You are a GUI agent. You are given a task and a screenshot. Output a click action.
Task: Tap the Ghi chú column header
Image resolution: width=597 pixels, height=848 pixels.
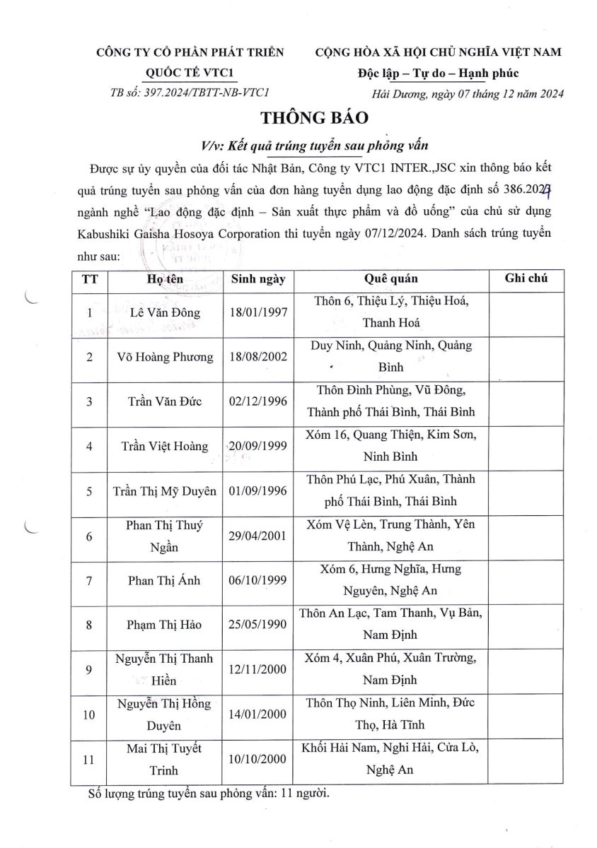tap(526, 278)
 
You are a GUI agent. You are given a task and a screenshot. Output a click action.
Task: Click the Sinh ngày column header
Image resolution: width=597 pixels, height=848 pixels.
tap(258, 278)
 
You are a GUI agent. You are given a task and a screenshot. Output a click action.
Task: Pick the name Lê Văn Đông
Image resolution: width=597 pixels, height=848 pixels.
tap(166, 312)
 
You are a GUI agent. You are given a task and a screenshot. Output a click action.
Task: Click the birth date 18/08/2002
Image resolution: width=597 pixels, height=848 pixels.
tap(258, 357)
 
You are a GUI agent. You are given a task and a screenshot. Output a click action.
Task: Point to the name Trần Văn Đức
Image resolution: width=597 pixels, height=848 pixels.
tap(166, 401)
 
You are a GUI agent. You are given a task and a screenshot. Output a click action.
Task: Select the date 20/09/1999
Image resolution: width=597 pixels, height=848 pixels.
tap(258, 446)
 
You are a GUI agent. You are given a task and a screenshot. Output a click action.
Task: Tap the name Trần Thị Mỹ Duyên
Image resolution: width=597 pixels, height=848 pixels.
tap(166, 490)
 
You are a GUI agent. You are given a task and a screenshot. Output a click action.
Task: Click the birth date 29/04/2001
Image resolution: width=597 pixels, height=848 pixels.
tap(258, 535)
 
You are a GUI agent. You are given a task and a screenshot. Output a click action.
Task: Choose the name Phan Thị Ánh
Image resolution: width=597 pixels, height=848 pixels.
tap(166, 580)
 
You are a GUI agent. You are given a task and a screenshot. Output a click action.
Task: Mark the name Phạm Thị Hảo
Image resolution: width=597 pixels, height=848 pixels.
tap(166, 625)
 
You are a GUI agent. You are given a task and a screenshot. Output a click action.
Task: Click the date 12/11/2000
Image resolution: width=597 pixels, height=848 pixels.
tap(258, 669)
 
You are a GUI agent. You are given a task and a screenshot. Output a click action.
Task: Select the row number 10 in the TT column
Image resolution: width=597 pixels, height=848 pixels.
tap(89, 714)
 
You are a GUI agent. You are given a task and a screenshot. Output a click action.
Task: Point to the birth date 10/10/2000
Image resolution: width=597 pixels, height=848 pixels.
tap(258, 759)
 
